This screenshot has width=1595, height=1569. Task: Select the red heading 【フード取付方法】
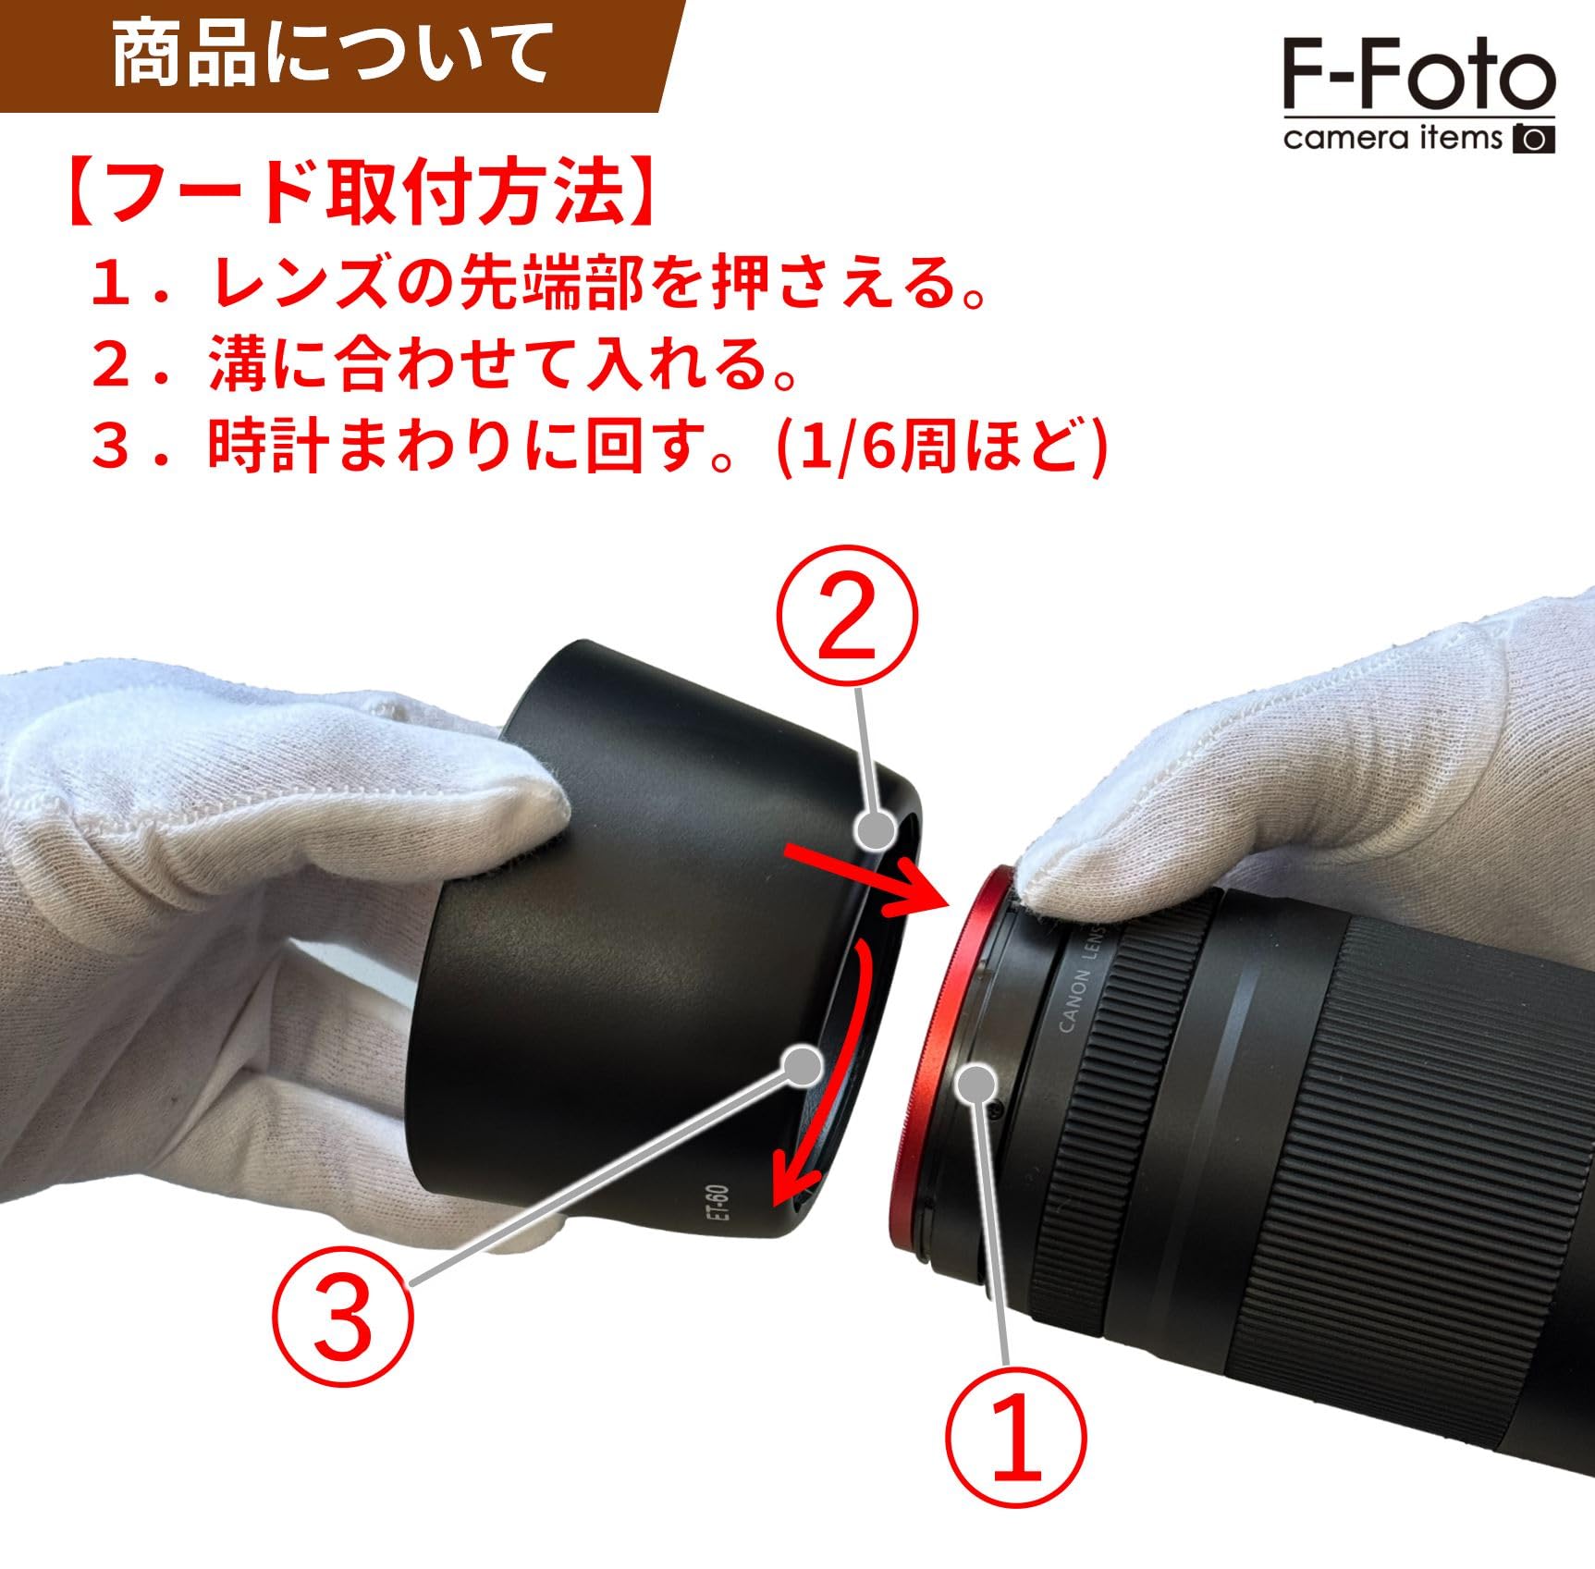(x=361, y=192)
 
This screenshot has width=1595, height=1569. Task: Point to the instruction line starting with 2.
(x=444, y=363)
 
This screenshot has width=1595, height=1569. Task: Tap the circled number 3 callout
(x=342, y=1317)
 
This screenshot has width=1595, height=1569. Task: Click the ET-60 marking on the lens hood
(x=719, y=1215)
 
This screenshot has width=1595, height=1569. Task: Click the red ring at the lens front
(x=934, y=1063)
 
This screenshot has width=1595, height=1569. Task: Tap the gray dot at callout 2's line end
(x=874, y=829)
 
